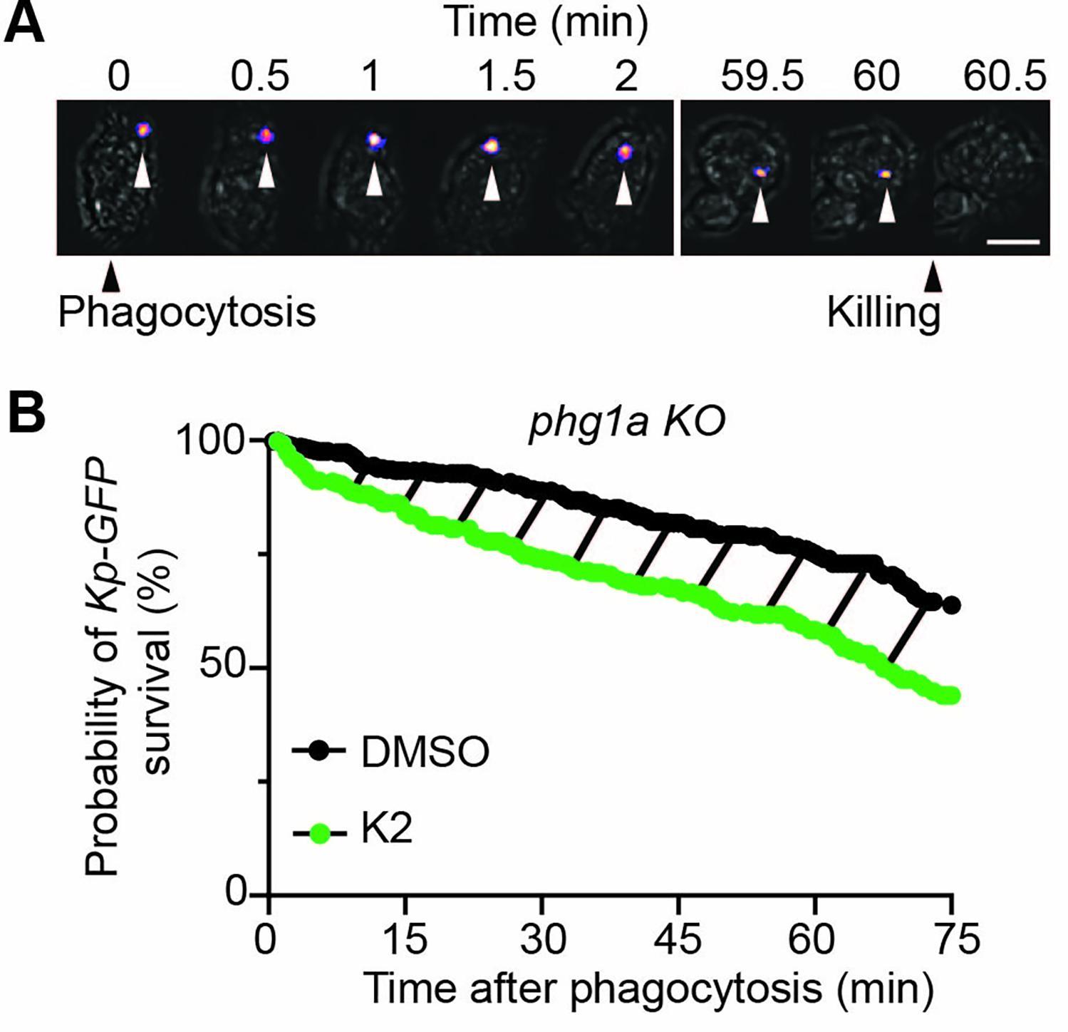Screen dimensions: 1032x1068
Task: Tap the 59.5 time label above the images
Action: [x=762, y=76]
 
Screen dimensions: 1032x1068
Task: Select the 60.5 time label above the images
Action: [x=1005, y=76]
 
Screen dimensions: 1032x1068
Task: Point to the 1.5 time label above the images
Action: [x=505, y=76]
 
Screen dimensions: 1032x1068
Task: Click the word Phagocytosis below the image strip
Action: [x=187, y=312]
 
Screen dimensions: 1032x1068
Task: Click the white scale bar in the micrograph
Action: [x=1014, y=242]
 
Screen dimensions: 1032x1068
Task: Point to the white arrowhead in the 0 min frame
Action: [x=143, y=172]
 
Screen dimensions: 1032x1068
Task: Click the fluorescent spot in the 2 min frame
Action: [x=625, y=151]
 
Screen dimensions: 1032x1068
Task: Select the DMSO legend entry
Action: [x=425, y=752]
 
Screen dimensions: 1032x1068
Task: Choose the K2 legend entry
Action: [x=387, y=830]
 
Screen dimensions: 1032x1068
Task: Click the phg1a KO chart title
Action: [x=626, y=422]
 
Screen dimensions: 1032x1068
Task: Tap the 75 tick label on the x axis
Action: [x=952, y=939]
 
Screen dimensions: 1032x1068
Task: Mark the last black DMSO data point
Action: [x=951, y=605]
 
